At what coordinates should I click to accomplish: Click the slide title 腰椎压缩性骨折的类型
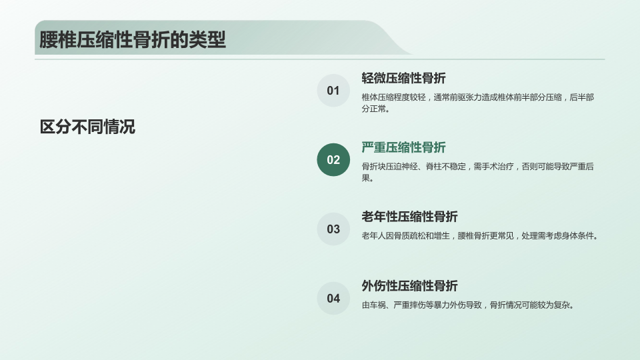[133, 39]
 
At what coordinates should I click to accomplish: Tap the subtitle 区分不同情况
[87, 127]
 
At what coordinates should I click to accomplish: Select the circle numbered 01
[333, 91]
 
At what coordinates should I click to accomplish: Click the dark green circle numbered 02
[333, 159]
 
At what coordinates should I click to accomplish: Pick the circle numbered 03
[333, 229]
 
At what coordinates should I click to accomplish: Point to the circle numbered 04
[333, 299]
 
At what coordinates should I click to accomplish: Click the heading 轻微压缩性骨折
[404, 78]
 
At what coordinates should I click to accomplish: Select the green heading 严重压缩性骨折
[404, 147]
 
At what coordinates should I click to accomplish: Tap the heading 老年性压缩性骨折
[409, 217]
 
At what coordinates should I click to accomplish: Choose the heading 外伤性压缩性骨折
[409, 286]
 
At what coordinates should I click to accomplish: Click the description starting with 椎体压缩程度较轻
[477, 103]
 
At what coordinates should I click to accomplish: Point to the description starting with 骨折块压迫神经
[477, 172]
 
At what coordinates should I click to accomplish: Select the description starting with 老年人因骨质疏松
[480, 236]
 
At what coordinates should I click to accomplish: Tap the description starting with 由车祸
[468, 305]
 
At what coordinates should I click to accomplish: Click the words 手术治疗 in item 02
[497, 167]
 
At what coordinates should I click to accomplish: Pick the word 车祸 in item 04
[377, 305]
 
